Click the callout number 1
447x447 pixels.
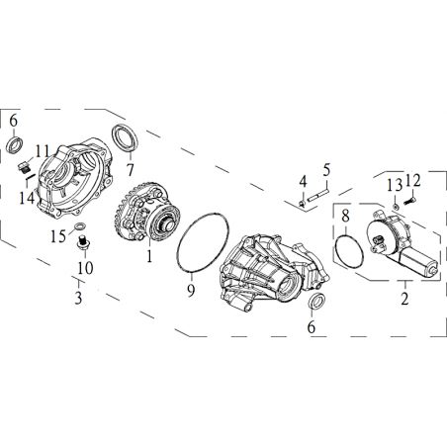149,256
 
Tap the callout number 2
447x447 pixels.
404,299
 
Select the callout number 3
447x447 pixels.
78,298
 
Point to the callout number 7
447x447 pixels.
131,170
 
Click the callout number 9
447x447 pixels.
191,290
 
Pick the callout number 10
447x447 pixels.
85,268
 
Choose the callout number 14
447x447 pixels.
27,198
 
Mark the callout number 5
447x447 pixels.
326,170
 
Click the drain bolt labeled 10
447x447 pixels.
83,243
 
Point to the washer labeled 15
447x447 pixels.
80,226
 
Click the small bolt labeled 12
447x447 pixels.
409,201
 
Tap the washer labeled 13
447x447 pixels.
396,207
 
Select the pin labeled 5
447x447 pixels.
318,195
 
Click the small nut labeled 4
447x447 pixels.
302,204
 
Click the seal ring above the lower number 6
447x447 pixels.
318,301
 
